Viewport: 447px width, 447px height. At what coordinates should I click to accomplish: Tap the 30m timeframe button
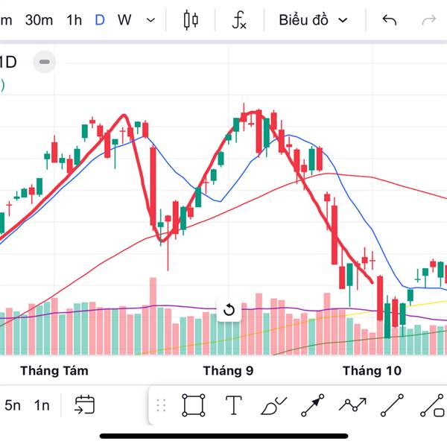coord(39,20)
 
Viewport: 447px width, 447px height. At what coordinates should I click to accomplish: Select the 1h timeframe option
coord(74,20)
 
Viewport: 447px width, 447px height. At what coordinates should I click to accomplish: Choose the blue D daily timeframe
coord(100,20)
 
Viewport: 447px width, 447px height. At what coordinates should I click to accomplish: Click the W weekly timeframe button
coord(124,20)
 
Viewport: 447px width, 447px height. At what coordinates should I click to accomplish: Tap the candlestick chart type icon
coord(191,20)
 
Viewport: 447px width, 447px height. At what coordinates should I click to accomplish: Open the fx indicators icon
coord(238,20)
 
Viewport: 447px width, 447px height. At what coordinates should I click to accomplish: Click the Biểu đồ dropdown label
coord(303,20)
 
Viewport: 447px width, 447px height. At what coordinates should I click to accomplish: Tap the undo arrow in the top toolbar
coord(389,20)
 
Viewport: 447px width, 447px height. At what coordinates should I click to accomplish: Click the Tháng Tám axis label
coord(54,370)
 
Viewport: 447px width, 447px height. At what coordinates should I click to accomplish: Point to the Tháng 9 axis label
coord(228,370)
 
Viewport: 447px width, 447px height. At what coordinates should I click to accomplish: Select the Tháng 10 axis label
coord(372,370)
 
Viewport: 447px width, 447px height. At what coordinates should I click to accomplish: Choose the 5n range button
coord(13,405)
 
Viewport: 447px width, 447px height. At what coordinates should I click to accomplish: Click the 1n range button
coord(42,405)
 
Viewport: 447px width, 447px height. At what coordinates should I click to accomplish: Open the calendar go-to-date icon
coord(84,405)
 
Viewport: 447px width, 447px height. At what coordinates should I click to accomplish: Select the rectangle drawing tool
coord(193,405)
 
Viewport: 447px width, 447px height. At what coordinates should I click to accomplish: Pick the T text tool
coord(234,405)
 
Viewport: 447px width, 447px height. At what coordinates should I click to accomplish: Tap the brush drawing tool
coord(273,405)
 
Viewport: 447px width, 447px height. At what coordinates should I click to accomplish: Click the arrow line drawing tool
coord(313,405)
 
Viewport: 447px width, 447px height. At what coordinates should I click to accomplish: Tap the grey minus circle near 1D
coord(45,62)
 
